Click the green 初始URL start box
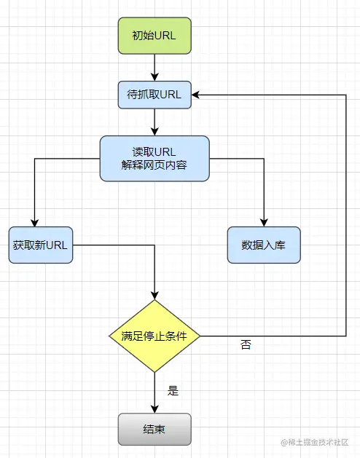pyautogui.click(x=154, y=36)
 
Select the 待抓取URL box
pyautogui.click(x=154, y=95)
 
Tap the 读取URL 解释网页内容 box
pyautogui.click(x=154, y=158)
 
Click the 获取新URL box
pyautogui.click(x=40, y=245)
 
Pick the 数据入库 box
pyautogui.click(x=263, y=245)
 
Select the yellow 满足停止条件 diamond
pyautogui.click(x=154, y=336)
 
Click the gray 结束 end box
pyautogui.click(x=154, y=429)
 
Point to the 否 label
pyautogui.click(x=246, y=345)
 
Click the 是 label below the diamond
pyautogui.click(x=173, y=390)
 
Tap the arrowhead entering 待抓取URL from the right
pyautogui.click(x=197, y=95)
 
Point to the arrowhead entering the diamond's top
pyautogui.click(x=154, y=294)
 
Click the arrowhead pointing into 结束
pyautogui.click(x=154, y=408)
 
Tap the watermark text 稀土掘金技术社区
pyautogui.click(x=318, y=442)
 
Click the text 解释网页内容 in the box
pyautogui.click(x=154, y=165)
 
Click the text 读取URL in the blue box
pyautogui.click(x=154, y=151)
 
